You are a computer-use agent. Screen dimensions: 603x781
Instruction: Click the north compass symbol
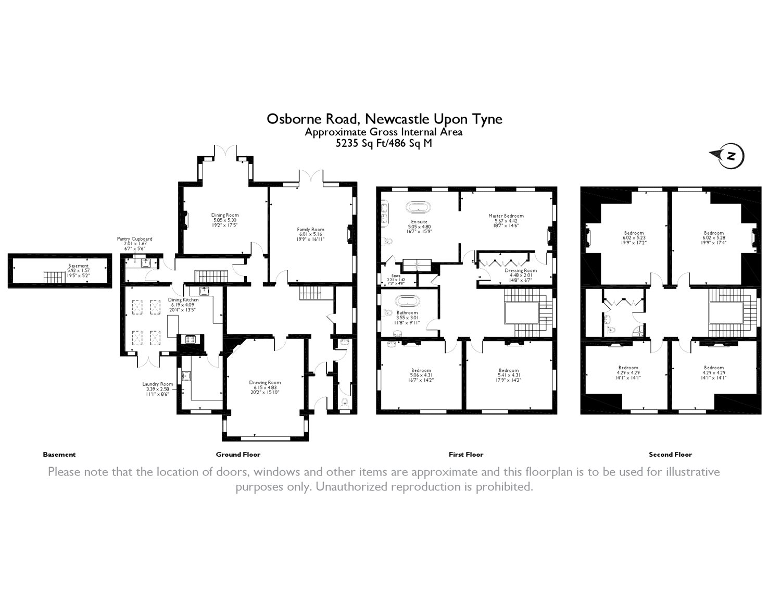click(x=730, y=156)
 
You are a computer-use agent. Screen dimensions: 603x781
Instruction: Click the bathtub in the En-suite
click(x=419, y=207)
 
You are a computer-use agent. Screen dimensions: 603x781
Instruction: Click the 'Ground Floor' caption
click(x=238, y=455)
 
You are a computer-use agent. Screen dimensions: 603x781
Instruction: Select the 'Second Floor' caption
click(x=670, y=455)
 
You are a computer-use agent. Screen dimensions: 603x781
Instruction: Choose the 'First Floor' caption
click(x=466, y=455)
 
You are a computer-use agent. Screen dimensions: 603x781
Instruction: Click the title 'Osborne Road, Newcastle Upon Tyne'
click(x=384, y=119)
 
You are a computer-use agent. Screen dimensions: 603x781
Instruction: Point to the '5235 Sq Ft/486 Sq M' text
click(x=384, y=144)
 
